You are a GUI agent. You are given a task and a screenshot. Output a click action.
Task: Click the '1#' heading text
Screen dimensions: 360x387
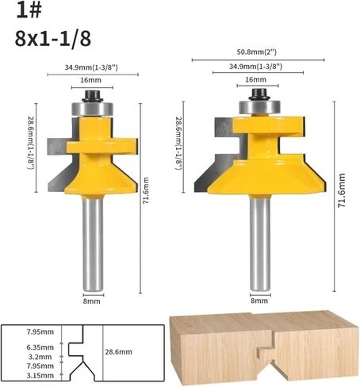[29, 11]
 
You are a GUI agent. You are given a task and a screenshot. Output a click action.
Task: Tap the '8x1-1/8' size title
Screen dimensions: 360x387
[53, 39]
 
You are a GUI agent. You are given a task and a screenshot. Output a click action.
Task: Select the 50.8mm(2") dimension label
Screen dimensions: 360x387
[256, 52]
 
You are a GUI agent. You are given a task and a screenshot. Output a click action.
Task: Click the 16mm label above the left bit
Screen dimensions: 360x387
[90, 80]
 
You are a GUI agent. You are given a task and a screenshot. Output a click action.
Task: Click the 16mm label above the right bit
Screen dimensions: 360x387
[255, 79]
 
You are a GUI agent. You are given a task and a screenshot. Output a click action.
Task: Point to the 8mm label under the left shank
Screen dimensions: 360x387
[92, 301]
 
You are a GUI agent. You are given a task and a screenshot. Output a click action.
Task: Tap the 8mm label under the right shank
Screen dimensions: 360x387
[259, 301]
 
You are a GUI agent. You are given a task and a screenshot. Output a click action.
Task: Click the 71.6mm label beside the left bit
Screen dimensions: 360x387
[146, 190]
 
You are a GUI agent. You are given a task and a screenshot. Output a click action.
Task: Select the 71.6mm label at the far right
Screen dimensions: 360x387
[342, 190]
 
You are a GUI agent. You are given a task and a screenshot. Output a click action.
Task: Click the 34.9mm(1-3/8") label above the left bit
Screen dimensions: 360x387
[91, 67]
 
